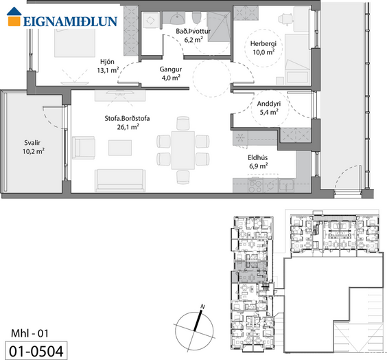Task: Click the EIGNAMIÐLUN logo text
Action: coord(71,21)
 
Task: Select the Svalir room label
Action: coord(32,143)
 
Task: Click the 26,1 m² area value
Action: coord(128,127)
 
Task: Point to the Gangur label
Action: coord(171,69)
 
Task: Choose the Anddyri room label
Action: coord(269,104)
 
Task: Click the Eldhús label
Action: coord(258,157)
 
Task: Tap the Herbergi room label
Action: coord(263,44)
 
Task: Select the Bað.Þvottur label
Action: coord(193,31)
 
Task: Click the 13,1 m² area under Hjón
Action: coord(108,70)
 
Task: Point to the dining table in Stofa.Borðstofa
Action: coord(183,150)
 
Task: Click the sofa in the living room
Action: coord(120,181)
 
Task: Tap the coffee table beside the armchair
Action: coord(120,148)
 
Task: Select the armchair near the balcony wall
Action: coord(84,148)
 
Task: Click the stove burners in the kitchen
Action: coord(255,185)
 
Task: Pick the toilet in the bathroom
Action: coord(197,17)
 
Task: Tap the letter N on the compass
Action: coord(202,306)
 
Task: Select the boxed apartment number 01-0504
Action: coord(36,351)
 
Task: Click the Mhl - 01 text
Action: coord(30,334)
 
